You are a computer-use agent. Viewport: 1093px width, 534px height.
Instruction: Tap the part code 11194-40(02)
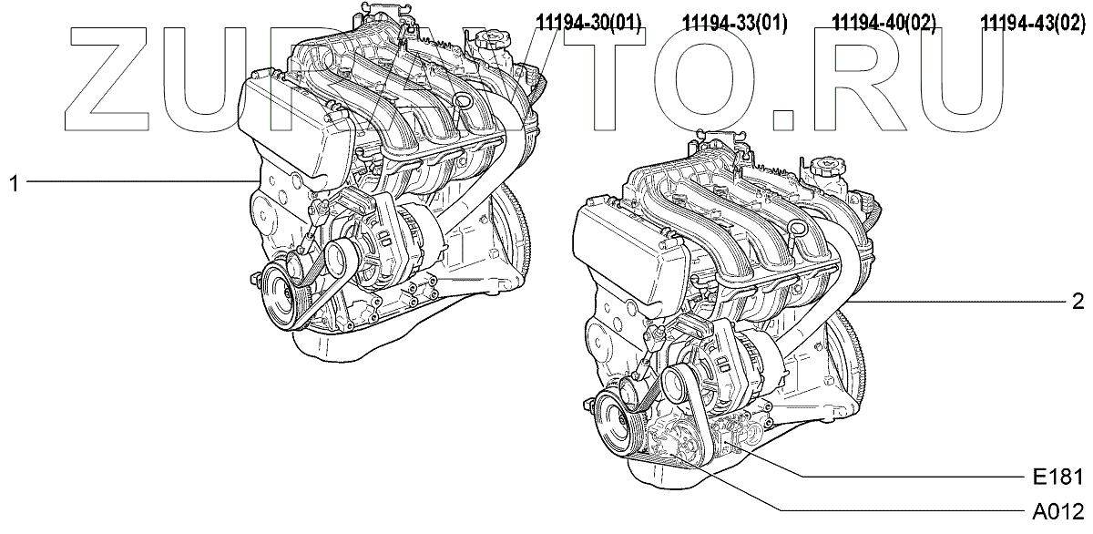coord(884,23)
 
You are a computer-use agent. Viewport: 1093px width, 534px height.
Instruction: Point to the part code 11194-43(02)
coord(1034,23)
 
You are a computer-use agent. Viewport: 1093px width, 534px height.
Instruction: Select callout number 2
coord(1078,303)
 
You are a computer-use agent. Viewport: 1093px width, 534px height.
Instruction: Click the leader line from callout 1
coord(137,182)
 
